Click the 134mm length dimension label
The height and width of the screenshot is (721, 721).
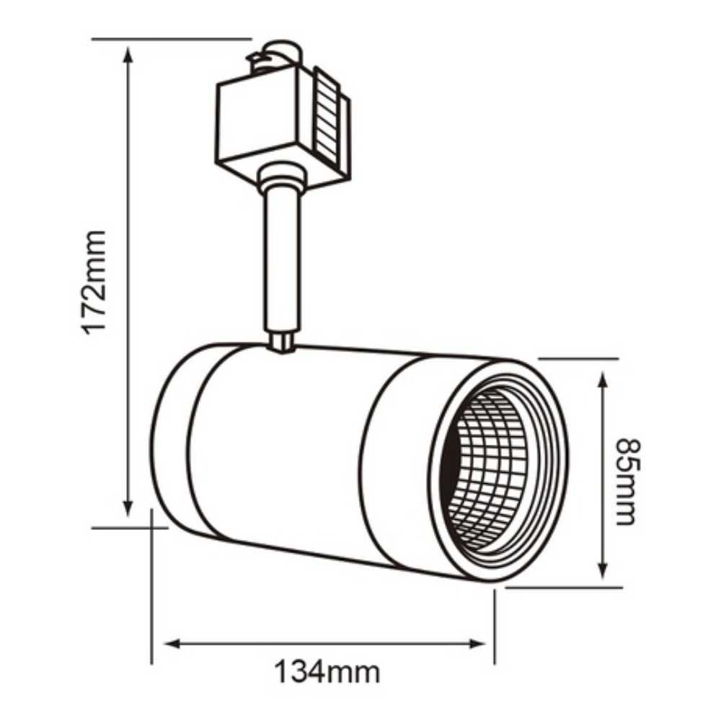[x=327, y=673]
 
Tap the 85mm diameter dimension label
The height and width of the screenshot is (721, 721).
[x=625, y=481]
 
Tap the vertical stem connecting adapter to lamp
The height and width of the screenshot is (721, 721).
[x=280, y=260]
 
